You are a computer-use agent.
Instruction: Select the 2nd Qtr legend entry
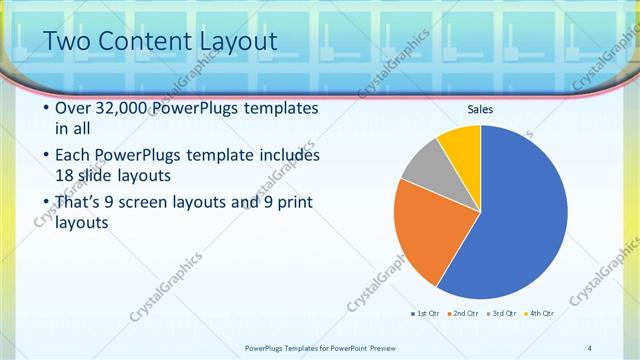(x=462, y=313)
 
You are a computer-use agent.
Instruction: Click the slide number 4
(x=590, y=347)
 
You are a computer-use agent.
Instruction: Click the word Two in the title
(x=67, y=41)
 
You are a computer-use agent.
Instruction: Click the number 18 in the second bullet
(x=65, y=177)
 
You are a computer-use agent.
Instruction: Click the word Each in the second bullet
(x=74, y=156)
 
